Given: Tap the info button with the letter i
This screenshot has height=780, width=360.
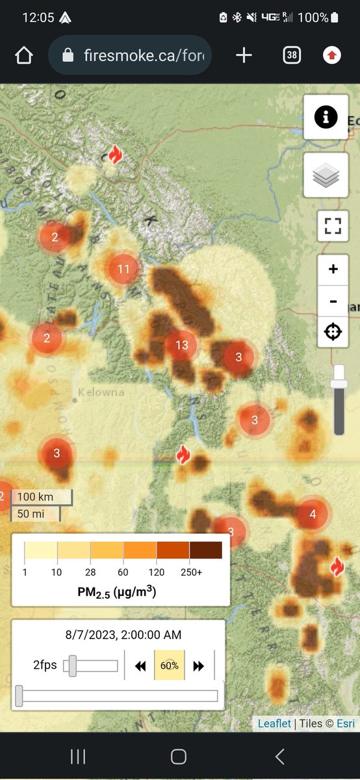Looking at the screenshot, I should [326, 117].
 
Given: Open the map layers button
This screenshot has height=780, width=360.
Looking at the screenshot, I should [326, 176].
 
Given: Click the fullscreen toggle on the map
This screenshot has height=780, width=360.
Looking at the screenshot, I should [333, 226].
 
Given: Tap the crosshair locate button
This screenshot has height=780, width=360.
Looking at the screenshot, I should [333, 332].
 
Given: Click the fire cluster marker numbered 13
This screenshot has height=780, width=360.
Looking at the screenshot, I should [181, 345].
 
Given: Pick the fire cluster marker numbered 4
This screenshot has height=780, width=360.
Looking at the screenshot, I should [313, 515].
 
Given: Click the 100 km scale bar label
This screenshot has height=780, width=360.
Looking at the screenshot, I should [35, 497].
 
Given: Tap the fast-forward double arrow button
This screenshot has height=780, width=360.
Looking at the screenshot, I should [199, 666].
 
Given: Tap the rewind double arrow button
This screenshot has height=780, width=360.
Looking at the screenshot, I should [140, 666].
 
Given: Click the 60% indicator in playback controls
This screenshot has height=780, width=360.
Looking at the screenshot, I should [169, 666].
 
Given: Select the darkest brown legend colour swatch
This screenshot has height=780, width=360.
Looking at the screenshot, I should [205, 551].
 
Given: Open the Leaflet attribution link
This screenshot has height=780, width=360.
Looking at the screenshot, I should [274, 723].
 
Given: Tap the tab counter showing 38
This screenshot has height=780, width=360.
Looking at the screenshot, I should [292, 55].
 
